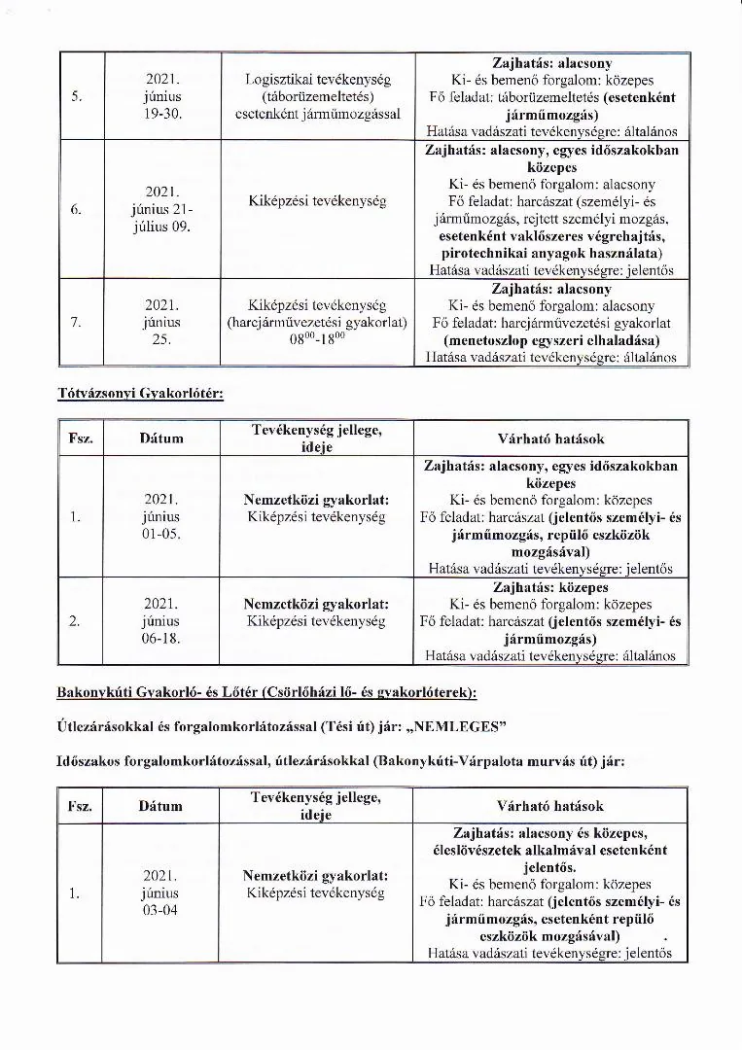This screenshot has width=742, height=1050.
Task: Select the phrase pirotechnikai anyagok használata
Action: tap(550, 252)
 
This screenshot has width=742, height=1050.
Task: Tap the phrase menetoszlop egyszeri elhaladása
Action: tap(550, 340)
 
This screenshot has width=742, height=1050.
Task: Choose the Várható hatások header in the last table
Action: tap(550, 806)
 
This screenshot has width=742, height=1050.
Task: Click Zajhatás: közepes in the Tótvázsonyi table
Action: tap(550, 587)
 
